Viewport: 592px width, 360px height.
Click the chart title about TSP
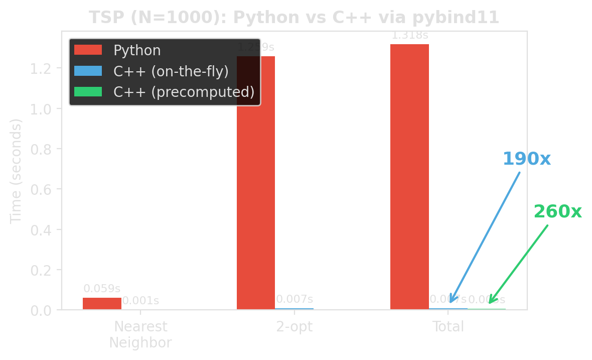294,18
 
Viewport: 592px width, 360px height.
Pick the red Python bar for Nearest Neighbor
102,303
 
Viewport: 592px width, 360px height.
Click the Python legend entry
137,51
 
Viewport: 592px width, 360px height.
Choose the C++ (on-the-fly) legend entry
171,71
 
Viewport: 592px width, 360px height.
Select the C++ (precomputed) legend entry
184,92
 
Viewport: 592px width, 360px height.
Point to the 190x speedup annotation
527,159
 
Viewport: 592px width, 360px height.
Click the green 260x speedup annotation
557,211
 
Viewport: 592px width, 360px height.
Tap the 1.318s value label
410,36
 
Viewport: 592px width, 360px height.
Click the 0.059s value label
102,289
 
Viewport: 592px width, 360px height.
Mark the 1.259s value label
256,47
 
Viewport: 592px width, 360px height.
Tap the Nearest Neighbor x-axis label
140,334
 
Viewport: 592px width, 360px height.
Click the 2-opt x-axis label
294,327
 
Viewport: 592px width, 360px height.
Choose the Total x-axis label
449,327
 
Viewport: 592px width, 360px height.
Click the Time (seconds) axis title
16,171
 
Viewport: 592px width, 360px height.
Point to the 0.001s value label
141,301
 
